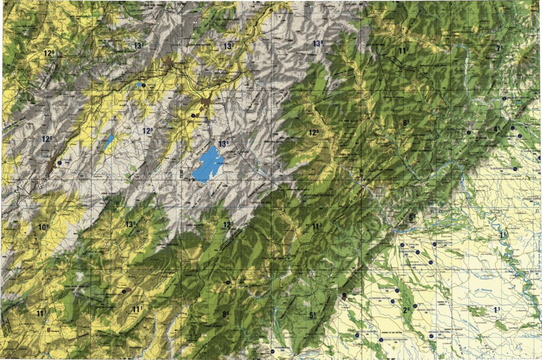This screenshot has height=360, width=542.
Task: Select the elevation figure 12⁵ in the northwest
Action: point(50,53)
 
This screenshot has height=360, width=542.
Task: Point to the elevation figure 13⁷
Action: point(140,45)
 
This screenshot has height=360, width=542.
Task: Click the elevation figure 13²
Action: point(229,46)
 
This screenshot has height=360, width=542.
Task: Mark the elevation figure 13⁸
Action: point(319,43)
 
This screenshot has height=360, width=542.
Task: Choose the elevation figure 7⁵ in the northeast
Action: point(499,49)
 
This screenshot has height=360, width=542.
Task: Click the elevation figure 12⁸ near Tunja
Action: point(47,139)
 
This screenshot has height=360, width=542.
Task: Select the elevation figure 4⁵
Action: point(497,129)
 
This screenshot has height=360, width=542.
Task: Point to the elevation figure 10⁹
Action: point(43,227)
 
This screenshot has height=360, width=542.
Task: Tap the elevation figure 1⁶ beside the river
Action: point(503,235)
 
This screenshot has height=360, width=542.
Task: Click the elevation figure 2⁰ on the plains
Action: point(407,309)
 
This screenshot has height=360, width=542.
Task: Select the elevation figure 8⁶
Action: point(226,314)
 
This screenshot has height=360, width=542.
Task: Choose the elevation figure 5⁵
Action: point(312,315)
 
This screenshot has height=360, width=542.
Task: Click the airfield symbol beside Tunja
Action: point(60,162)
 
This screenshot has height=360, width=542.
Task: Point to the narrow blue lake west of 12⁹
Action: point(109,141)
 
